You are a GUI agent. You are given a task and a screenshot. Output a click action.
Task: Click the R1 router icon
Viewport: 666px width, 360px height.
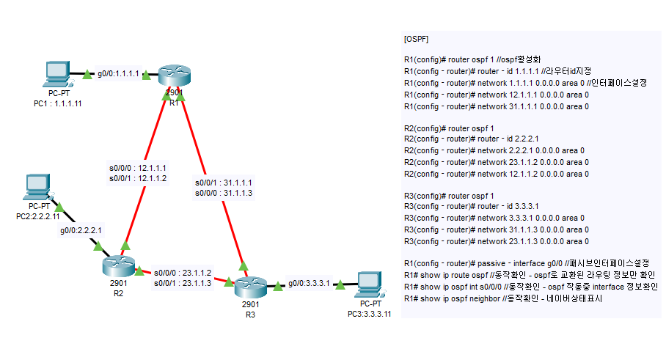point(173,78)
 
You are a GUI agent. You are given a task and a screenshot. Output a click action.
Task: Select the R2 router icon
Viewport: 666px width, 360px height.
point(119,265)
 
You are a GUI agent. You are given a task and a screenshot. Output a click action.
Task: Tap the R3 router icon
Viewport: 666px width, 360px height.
point(251,284)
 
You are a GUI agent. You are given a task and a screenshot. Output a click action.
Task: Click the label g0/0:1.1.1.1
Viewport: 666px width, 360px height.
point(118,75)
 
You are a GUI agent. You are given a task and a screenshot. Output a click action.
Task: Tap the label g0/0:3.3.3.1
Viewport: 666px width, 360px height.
point(309,282)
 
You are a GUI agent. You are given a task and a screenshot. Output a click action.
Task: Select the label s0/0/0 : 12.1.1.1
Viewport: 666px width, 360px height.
point(138,168)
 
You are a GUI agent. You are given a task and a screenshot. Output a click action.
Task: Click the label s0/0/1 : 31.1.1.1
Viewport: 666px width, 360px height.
point(224,182)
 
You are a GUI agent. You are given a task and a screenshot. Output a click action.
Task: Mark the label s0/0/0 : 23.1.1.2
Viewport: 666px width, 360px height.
point(183,272)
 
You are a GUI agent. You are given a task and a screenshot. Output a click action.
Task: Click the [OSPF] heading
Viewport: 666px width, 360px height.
point(417,38)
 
